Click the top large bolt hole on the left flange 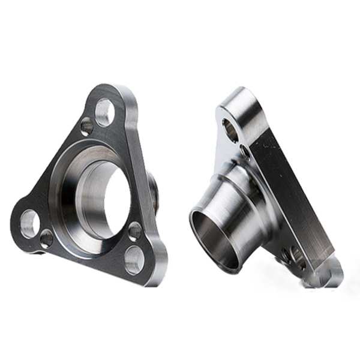tap(104, 112)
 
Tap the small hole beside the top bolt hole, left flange tap(87, 127)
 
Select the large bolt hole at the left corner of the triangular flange tap(29, 223)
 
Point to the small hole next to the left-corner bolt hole tap(46, 239)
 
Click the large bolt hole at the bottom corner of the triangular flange tap(134, 260)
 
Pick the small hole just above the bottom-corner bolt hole tap(135, 230)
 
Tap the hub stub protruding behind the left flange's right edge tap(154, 192)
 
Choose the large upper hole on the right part tap(230, 130)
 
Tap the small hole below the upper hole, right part tap(245, 152)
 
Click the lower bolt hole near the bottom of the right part tap(293, 256)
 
